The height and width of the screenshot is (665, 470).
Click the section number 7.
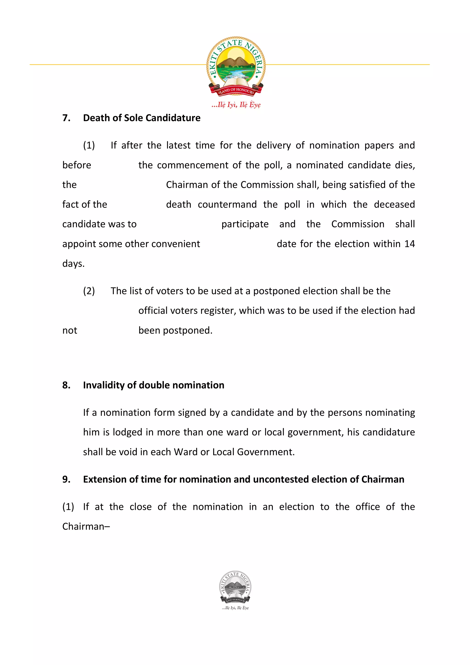click(x=66, y=118)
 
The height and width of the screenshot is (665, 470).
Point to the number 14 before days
click(x=409, y=244)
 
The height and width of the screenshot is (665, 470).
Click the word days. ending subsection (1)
click(x=73, y=264)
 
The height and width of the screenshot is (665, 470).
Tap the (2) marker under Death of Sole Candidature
click(x=89, y=291)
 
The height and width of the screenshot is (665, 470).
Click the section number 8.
click(x=66, y=385)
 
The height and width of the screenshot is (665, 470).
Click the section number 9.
click(x=66, y=479)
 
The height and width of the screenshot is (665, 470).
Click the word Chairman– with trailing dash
click(x=86, y=527)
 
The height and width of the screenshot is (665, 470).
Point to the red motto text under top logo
click(x=236, y=105)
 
